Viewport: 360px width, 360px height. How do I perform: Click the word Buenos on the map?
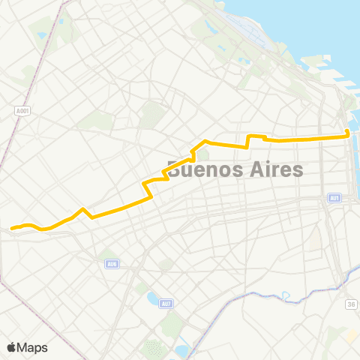click(x=199, y=169)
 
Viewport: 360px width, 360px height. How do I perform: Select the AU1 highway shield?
click(x=334, y=198)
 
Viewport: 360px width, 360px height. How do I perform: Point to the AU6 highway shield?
click(x=111, y=263)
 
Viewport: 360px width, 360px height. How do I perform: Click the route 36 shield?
click(x=350, y=304)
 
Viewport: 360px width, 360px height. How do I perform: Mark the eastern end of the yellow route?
click(x=347, y=135)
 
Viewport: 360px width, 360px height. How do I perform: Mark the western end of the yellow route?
click(x=12, y=227)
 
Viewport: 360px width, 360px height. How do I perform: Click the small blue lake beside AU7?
click(x=154, y=299)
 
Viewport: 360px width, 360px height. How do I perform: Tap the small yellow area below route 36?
click(x=350, y=335)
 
